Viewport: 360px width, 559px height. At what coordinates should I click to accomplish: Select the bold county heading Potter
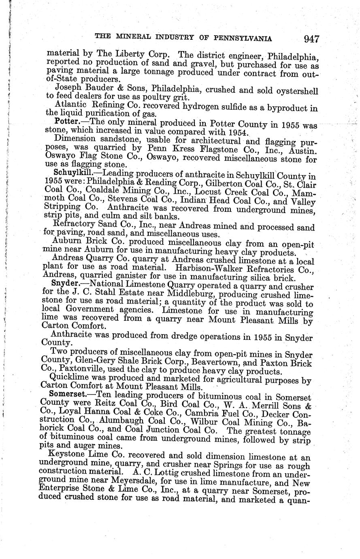(66, 121)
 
